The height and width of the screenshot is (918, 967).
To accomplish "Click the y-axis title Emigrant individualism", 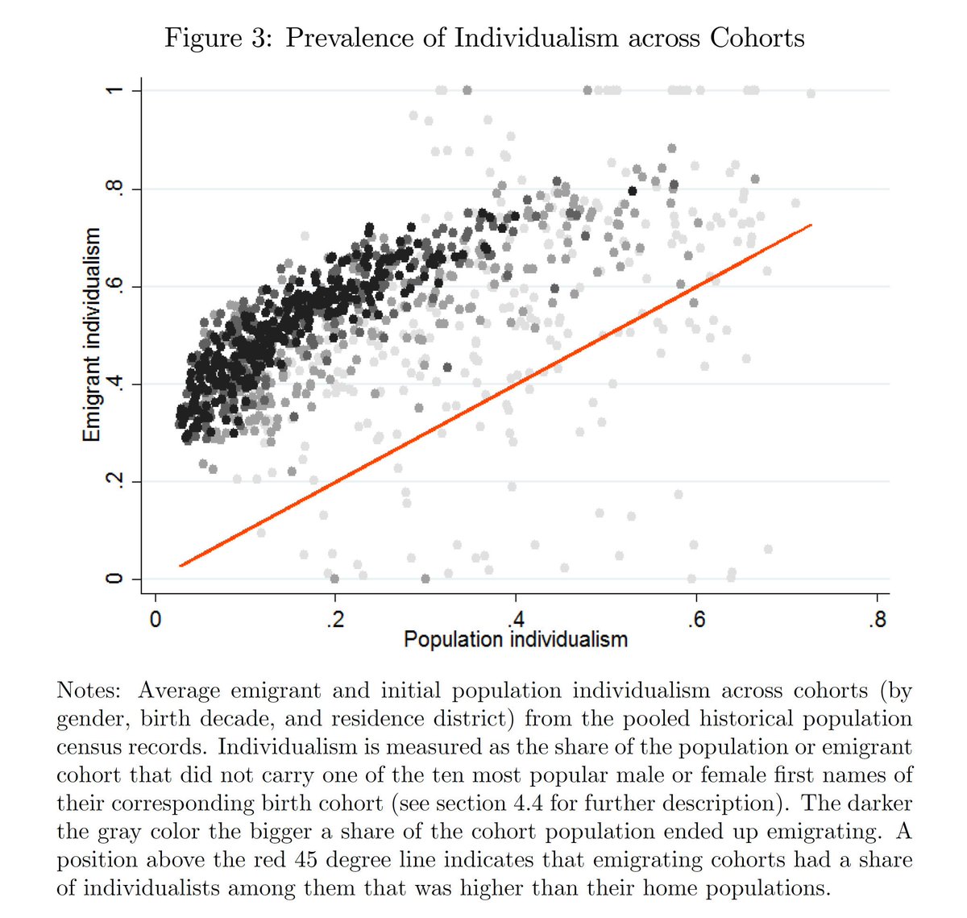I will coord(93,334).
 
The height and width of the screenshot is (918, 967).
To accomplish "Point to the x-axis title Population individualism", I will coord(515,640).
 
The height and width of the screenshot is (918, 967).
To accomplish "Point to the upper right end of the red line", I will coord(811,225).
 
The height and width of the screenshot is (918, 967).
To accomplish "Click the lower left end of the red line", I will coord(181,565).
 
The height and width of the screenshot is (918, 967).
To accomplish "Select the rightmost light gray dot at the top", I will coord(811,94).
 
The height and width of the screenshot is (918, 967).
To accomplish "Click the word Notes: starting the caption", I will coord(89,691).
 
